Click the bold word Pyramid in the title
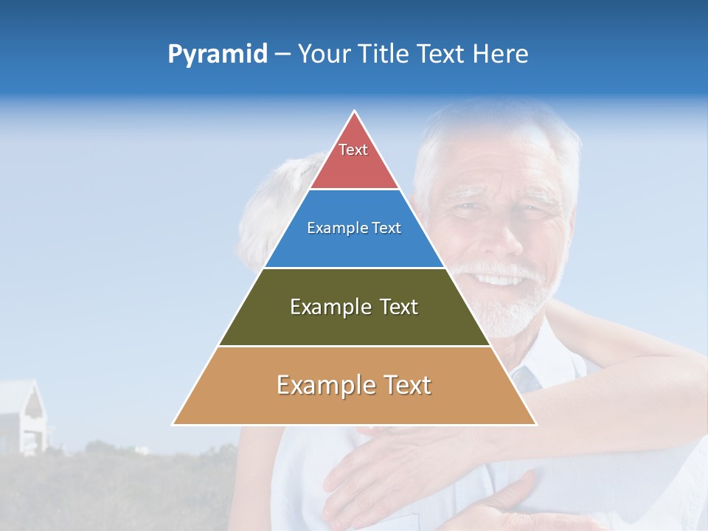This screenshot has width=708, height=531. tap(218, 55)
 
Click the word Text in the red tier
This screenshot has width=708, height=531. tap(353, 150)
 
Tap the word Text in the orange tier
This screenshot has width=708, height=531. tap(403, 385)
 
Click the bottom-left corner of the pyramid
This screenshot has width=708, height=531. tap(174, 424)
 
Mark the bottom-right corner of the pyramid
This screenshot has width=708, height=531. tap(535, 424)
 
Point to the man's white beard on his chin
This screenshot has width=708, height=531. tap(509, 313)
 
